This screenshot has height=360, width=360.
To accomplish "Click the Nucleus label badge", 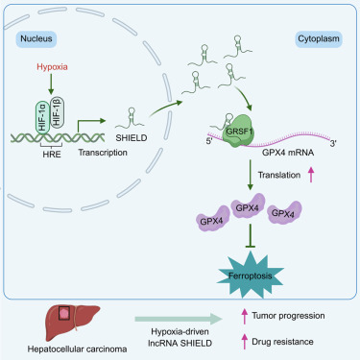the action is click(36, 39).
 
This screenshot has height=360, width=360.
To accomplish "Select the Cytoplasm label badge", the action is click(319, 39).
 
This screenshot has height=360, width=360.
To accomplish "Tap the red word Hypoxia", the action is click(52, 67).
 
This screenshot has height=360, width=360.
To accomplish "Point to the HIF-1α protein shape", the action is click(42, 117).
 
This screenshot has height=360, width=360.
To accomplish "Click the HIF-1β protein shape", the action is click(58, 112).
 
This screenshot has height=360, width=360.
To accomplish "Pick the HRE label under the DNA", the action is click(52, 155).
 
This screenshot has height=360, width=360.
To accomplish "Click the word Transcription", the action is click(103, 153).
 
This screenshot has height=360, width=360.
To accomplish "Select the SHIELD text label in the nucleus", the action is click(132, 138).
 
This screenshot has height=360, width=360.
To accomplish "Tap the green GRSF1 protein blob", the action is click(239, 131).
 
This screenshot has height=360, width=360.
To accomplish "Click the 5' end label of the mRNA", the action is click(209, 141).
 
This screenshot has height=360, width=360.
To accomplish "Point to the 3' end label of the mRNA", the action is click(333, 144).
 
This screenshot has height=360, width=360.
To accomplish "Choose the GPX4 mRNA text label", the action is click(288, 153).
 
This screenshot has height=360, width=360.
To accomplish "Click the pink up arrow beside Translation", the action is click(311, 175).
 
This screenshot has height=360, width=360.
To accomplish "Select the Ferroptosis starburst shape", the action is click(250, 276).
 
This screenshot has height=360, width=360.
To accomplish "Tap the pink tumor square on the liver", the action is click(65, 314).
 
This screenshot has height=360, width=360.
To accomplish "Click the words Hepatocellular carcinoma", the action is click(77, 348).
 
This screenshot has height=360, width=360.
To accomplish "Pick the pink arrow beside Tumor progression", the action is click(245, 316).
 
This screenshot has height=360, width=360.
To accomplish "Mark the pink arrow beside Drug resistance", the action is click(245, 342).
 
